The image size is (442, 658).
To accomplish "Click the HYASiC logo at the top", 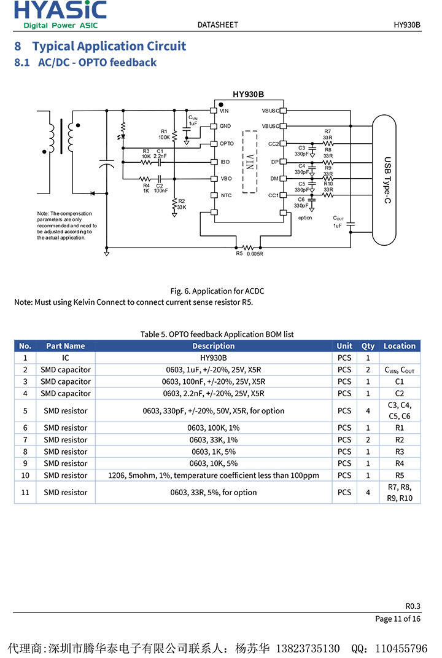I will [x=60, y=14].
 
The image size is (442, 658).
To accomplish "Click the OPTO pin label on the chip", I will [x=227, y=144].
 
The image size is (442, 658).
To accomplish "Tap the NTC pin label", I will [x=226, y=195].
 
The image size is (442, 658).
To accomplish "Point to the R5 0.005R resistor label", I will [x=250, y=253].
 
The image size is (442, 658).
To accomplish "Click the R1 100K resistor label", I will [x=164, y=134].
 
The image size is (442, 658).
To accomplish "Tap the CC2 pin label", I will [x=273, y=144].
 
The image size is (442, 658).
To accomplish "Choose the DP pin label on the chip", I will [x=275, y=162].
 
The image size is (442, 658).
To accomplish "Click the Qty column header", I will [x=368, y=346].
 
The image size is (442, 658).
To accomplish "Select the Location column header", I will [x=400, y=346].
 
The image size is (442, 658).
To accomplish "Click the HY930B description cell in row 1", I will [x=214, y=358].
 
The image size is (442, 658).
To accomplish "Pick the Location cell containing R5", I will [x=400, y=476].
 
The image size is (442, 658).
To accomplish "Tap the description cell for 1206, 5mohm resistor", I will [x=214, y=476].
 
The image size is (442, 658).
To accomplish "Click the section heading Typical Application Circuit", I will [x=109, y=46].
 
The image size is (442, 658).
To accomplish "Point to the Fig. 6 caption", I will [x=217, y=291].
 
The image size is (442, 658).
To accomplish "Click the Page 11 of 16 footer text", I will [x=398, y=619].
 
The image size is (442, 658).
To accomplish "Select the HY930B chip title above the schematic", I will [x=249, y=95].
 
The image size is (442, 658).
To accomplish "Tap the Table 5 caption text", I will [x=217, y=334].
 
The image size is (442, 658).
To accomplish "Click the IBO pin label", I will [x=225, y=162].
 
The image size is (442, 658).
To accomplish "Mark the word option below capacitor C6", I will [x=305, y=217].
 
